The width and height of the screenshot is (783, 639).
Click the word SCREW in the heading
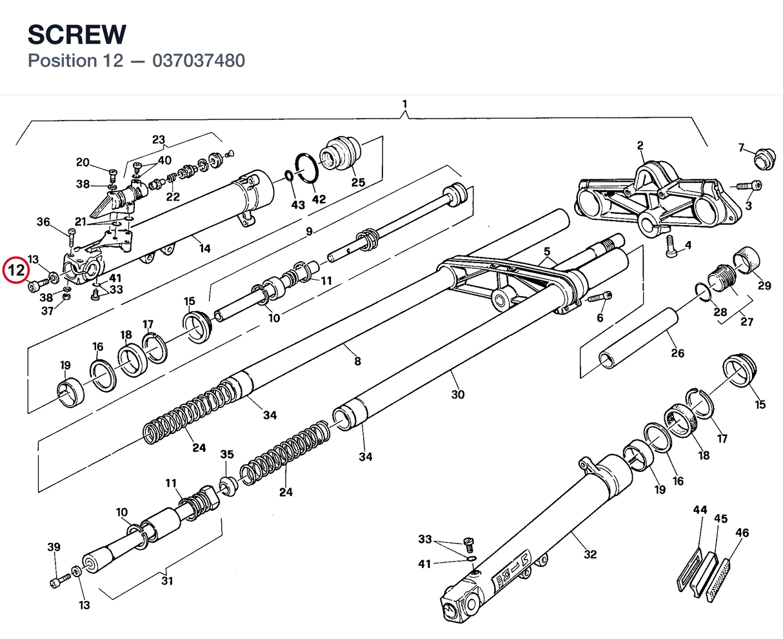pyautogui.click(x=77, y=35)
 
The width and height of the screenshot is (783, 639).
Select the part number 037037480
pyautogui.click(x=199, y=61)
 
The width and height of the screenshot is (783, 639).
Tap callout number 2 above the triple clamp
pyautogui.click(x=640, y=146)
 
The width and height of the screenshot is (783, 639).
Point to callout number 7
pyautogui.click(x=742, y=148)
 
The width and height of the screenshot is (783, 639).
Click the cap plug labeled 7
pyautogui.click(x=765, y=159)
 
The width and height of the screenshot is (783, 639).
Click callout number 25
pyautogui.click(x=358, y=182)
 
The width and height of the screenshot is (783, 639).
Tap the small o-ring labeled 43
pyautogui.click(x=289, y=176)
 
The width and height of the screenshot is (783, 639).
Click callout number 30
pyautogui.click(x=457, y=395)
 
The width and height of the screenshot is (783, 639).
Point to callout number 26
pyautogui.click(x=678, y=353)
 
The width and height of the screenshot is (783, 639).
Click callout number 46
pyautogui.click(x=742, y=533)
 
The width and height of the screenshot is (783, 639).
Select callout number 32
pyautogui.click(x=590, y=555)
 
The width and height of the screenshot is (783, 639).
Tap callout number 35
pyautogui.click(x=227, y=454)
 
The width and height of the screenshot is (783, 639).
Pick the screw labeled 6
pyautogui.click(x=599, y=298)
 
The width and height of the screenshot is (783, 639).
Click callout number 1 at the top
pyautogui.click(x=404, y=104)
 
